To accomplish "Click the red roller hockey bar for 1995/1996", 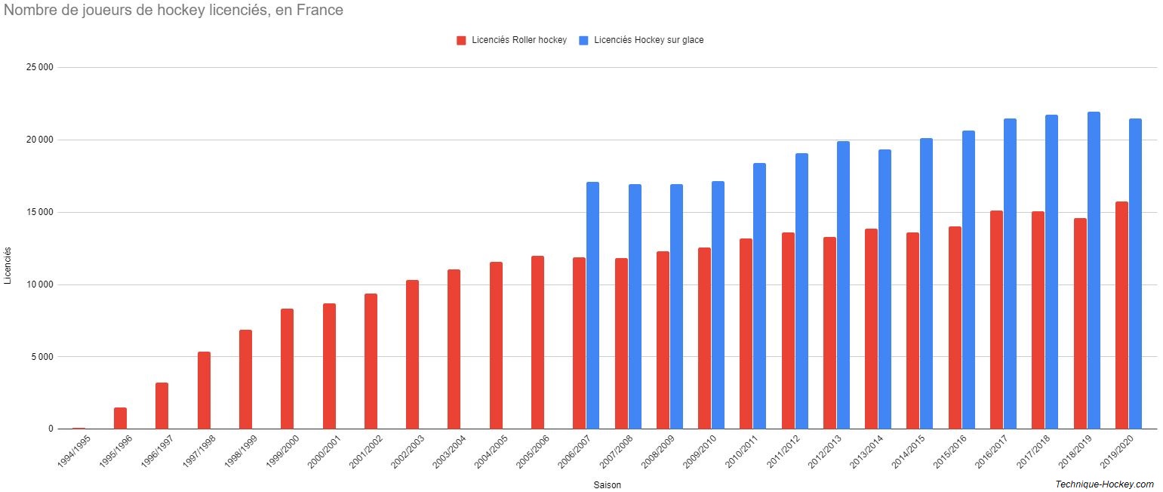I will pyautogui.click(x=120, y=418).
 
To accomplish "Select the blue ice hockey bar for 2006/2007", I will pyautogui.click(x=592, y=305).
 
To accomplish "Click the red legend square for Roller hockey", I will pyautogui.click(x=461, y=41).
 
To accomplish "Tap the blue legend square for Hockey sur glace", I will pyautogui.click(x=583, y=41).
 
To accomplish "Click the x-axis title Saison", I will pyautogui.click(x=607, y=485).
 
